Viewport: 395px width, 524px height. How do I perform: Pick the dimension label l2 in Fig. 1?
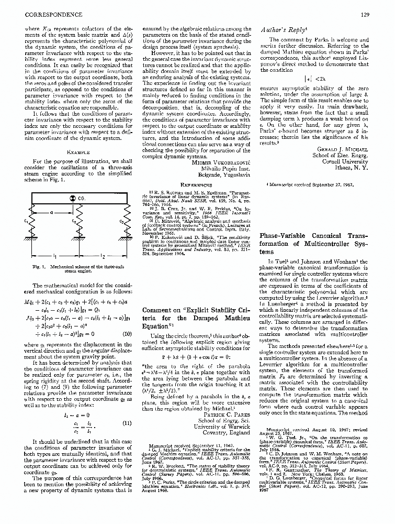click(x=104, y=257)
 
